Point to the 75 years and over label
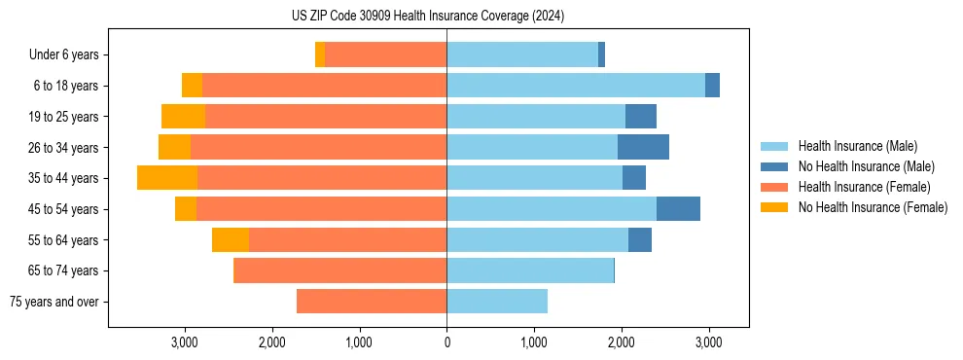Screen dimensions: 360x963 (53, 302)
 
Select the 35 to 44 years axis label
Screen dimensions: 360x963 (64, 178)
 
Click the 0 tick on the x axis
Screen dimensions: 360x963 (446, 342)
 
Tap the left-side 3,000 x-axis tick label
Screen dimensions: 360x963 (185, 342)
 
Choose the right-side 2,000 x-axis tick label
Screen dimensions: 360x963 (622, 342)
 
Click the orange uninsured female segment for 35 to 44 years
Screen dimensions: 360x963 (167, 178)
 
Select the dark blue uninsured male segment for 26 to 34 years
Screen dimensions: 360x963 (643, 147)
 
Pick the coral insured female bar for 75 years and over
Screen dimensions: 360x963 (372, 302)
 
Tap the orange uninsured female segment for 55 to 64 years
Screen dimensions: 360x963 (231, 239)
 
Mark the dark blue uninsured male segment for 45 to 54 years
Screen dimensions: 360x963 (678, 209)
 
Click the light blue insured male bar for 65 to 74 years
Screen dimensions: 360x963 (530, 270)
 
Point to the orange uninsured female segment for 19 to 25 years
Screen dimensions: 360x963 (183, 117)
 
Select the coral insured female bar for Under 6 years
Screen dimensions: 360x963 (385, 55)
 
